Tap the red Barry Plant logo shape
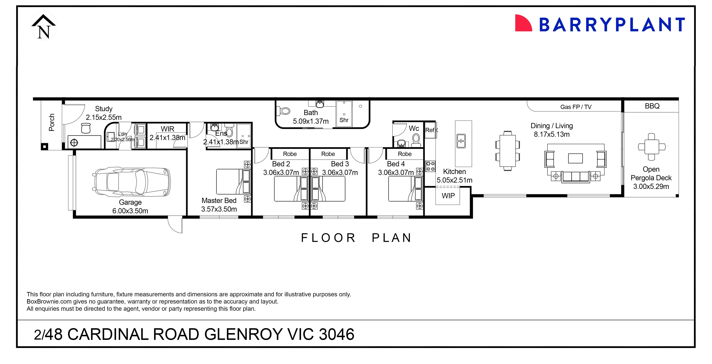coord(523,23)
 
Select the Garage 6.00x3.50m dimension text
coord(130,211)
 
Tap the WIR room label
coord(167,129)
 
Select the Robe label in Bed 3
coord(328,154)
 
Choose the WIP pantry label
coord(448,196)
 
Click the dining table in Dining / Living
coord(508,151)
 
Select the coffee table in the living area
coord(575,158)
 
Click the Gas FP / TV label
coord(576,107)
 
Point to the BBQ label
coord(652,106)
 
